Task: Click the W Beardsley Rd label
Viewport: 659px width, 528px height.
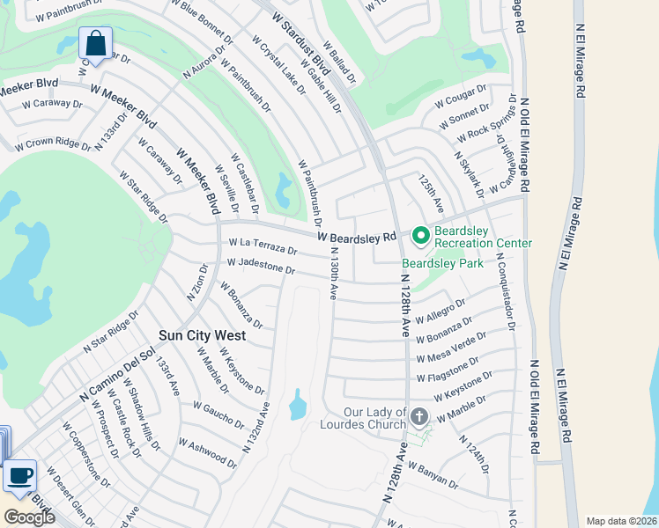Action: pyautogui.click(x=358, y=237)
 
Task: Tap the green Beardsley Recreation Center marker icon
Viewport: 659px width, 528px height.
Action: pyautogui.click(x=420, y=235)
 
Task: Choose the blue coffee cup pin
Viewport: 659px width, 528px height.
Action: pyautogui.click(x=19, y=476)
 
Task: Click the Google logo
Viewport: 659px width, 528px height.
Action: pyautogui.click(x=29, y=517)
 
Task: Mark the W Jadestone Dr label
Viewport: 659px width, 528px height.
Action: pyautogui.click(x=261, y=265)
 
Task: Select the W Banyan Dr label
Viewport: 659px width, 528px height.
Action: pyautogui.click(x=433, y=477)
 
